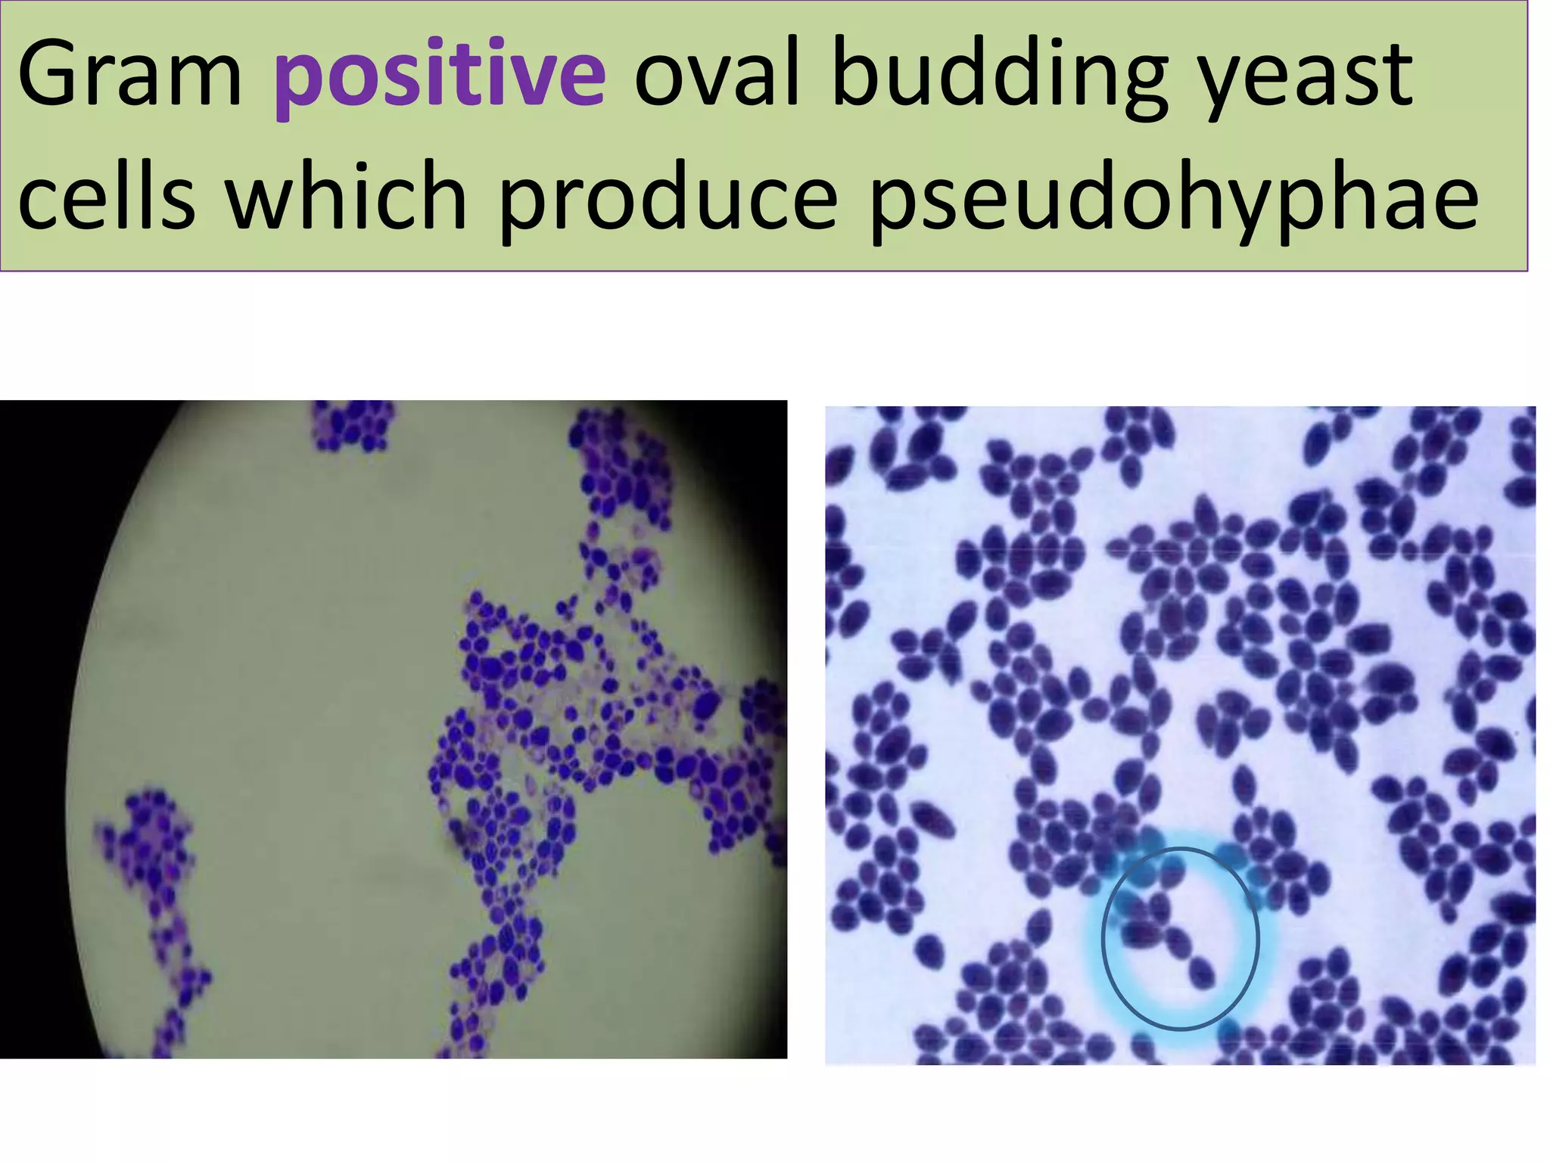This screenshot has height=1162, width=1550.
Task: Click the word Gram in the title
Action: pyautogui.click(x=129, y=76)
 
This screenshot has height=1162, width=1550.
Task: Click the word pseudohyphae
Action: pyautogui.click(x=1173, y=200)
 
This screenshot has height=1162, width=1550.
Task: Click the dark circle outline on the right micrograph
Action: pyautogui.click(x=1256, y=938)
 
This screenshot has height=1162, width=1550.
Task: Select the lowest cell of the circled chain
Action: pyautogui.click(x=1202, y=973)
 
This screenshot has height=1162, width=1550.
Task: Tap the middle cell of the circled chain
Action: pyautogui.click(x=1178, y=943)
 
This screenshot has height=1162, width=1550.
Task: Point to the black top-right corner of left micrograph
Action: pyautogui.click(x=764, y=424)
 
